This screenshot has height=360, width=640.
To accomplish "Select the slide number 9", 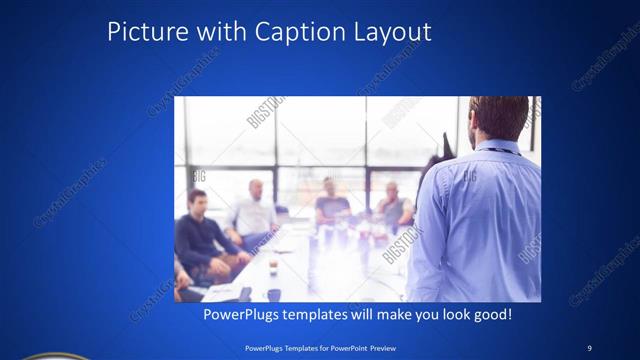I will pyautogui.click(x=589, y=347).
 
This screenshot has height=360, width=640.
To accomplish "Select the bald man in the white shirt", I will pyautogui.click(x=254, y=212).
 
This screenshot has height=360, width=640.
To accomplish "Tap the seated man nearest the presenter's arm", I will pyautogui.click(x=392, y=205).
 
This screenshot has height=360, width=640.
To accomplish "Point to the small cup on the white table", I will pyautogui.click(x=272, y=265).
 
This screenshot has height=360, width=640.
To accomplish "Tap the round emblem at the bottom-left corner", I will pyautogui.click(x=30, y=355).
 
